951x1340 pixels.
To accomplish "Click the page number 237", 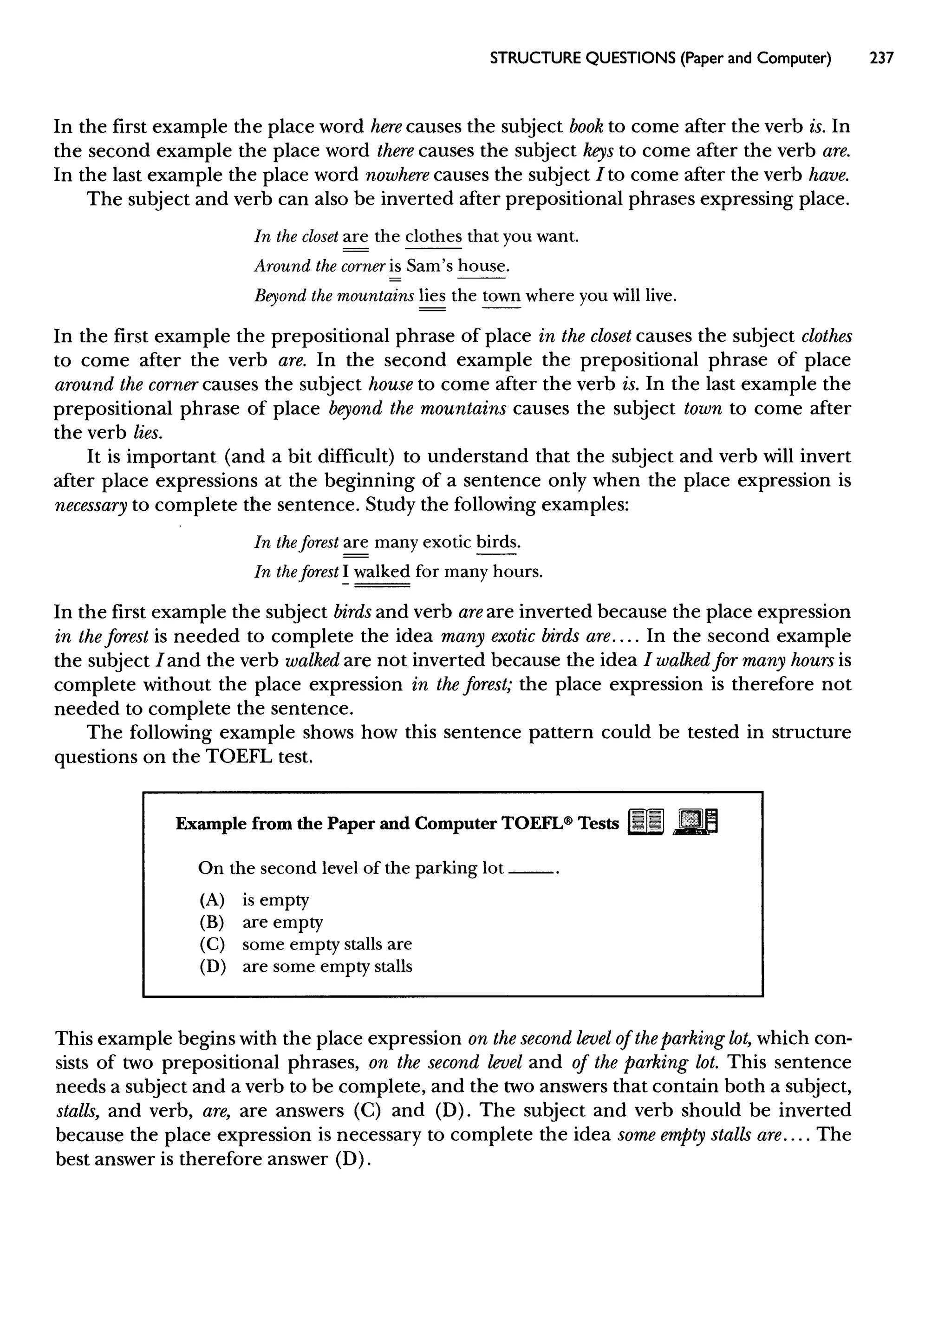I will pyautogui.click(x=882, y=59).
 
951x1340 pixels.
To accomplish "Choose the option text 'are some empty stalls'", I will pyautogui.click(x=327, y=967).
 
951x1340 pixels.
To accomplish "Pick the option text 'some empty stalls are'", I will pyautogui.click(x=327, y=944).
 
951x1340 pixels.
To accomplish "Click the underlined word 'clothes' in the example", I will pyautogui.click(x=433, y=236).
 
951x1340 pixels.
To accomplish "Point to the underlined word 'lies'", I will pyautogui.click(x=432, y=296).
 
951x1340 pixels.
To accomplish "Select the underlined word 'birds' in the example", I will pyautogui.click(x=497, y=543).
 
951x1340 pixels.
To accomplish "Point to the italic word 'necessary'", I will pyautogui.click(x=91, y=505).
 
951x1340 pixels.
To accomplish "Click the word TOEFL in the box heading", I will pyautogui.click(x=534, y=824).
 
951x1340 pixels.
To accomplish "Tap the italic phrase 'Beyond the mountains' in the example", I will pyautogui.click(x=334, y=296).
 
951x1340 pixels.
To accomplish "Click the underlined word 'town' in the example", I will pyautogui.click(x=501, y=296).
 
